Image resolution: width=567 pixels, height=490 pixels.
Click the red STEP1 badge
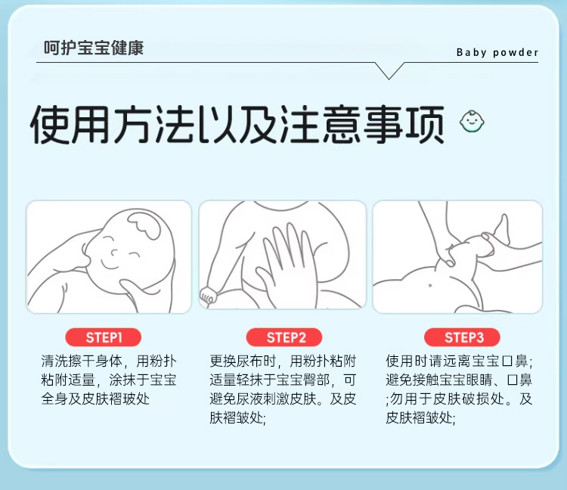103,337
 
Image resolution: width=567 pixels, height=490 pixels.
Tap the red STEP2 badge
284,337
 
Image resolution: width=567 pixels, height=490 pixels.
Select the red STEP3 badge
462,337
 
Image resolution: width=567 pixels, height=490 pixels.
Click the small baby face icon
472,121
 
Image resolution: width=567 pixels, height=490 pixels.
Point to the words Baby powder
497,52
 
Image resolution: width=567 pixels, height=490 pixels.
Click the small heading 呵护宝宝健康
94,48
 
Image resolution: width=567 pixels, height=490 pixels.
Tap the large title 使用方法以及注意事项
237,125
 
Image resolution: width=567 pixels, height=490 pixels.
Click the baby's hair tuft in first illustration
144,225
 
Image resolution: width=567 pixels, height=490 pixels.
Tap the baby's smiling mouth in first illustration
109,264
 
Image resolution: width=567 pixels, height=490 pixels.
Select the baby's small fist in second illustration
209,296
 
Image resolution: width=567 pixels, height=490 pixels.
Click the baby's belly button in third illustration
430,286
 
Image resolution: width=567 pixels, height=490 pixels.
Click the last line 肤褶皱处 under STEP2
237,417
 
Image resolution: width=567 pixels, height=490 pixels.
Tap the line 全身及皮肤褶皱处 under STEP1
95,399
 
